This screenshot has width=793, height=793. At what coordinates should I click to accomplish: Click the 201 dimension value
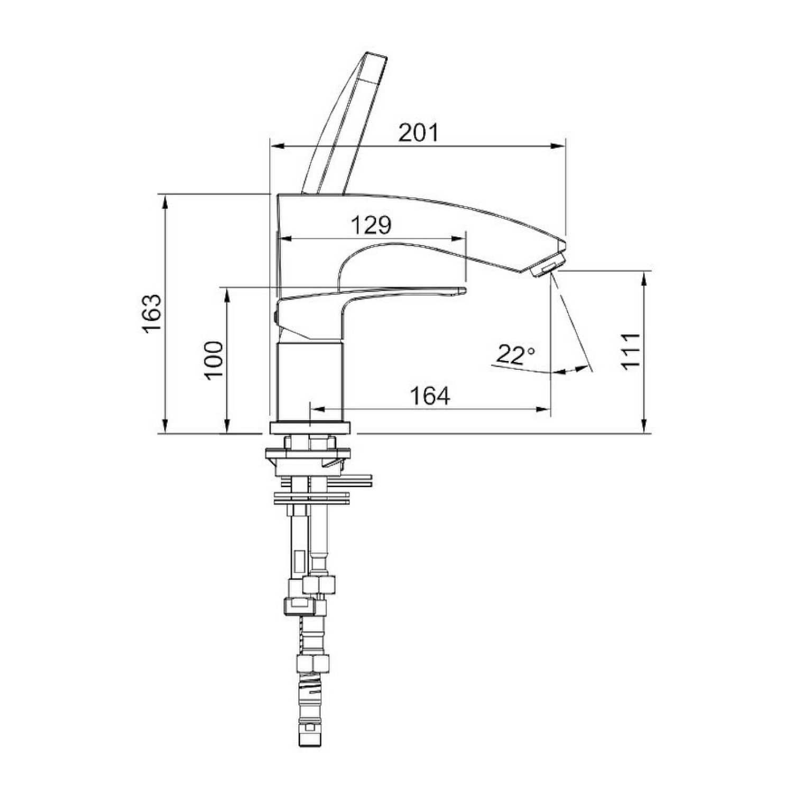click(418, 133)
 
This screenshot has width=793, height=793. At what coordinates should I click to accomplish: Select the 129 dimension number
click(372, 226)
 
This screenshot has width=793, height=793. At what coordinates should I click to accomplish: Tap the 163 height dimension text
click(151, 313)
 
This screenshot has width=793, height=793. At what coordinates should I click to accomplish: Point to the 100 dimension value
click(214, 360)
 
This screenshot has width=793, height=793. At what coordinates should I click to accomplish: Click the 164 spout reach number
click(430, 396)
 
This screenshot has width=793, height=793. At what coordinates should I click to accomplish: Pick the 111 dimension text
click(631, 352)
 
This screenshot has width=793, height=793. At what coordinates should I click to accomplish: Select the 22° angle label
click(515, 355)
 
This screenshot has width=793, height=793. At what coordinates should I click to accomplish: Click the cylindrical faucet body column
click(311, 382)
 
